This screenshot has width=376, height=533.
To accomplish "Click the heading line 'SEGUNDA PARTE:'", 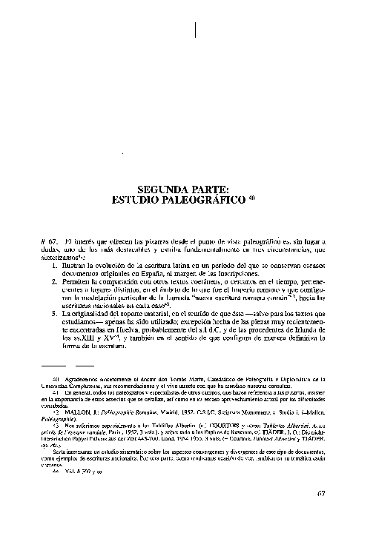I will (187, 189).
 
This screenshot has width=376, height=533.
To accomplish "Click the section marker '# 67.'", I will (48, 242).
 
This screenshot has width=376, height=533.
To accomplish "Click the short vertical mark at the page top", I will (195, 30).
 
